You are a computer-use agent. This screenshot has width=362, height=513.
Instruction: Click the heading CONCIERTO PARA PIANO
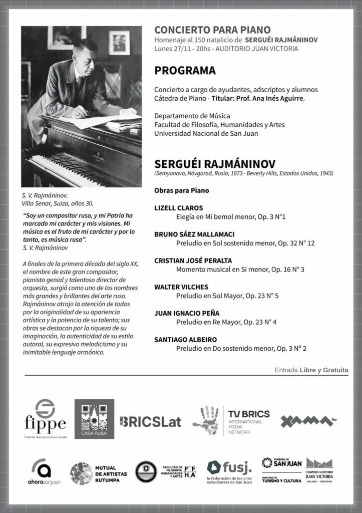point(212,30)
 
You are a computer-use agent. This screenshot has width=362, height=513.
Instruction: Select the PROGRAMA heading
point(185,70)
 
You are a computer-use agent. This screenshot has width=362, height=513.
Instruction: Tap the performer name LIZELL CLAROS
point(179,207)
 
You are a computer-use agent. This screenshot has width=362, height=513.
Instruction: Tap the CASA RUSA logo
point(94,419)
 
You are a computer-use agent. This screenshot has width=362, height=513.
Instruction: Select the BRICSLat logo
point(151,421)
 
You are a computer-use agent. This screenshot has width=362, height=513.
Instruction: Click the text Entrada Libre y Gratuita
point(311,370)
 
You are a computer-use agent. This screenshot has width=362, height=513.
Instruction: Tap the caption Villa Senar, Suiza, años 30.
point(57,204)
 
